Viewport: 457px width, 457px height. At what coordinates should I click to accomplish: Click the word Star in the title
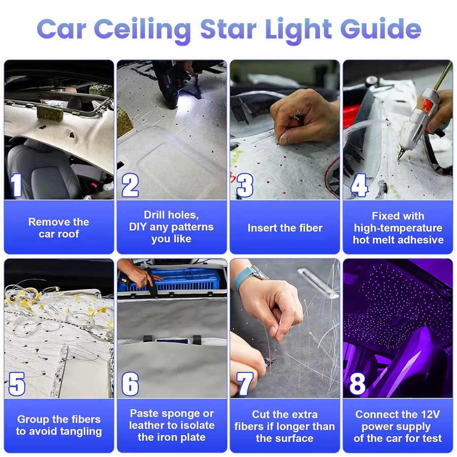[x=228, y=29]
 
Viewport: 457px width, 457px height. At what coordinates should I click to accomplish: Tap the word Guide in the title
[x=381, y=28]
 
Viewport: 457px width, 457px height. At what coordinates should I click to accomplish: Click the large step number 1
[x=16, y=185]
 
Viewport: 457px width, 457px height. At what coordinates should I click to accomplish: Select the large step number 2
[x=130, y=185]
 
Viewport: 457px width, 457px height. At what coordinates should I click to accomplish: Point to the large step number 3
[x=244, y=185]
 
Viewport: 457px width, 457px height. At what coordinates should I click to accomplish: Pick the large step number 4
[x=358, y=185]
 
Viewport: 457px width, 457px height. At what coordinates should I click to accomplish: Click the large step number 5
[x=17, y=384]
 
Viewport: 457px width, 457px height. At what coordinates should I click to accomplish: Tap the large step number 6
[x=130, y=384]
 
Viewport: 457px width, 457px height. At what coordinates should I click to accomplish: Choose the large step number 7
[x=244, y=384]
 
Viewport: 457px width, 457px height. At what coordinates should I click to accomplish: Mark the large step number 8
[x=357, y=384]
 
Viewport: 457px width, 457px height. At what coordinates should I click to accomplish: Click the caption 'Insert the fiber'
[x=285, y=228]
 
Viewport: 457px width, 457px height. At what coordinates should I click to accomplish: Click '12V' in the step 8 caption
[x=429, y=414]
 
